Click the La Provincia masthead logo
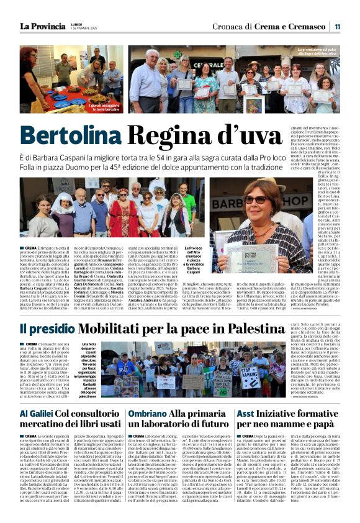click(42, 25)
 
